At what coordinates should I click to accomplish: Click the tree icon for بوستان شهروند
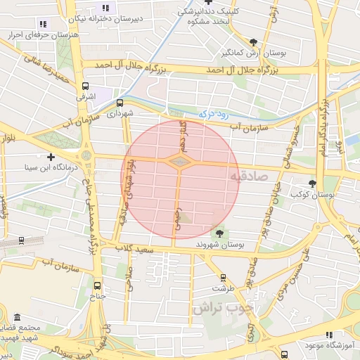(x=220, y=233)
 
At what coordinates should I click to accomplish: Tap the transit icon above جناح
(x=97, y=285)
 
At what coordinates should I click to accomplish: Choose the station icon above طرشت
(x=223, y=278)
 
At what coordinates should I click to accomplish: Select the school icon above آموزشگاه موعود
(x=328, y=335)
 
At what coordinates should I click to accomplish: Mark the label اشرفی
(x=84, y=96)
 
